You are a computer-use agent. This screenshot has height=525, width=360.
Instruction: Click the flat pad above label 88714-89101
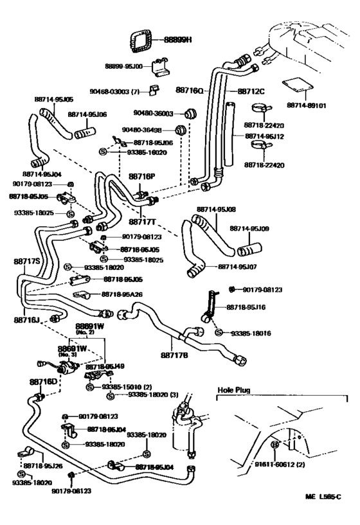[x=296, y=87]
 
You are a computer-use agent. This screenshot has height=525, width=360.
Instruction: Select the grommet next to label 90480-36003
[x=190, y=114]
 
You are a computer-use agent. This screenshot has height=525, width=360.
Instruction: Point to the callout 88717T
[x=143, y=222]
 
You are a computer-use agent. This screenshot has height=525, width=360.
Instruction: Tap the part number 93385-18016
[x=251, y=334]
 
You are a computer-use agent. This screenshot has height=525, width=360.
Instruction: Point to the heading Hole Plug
[x=234, y=389]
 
